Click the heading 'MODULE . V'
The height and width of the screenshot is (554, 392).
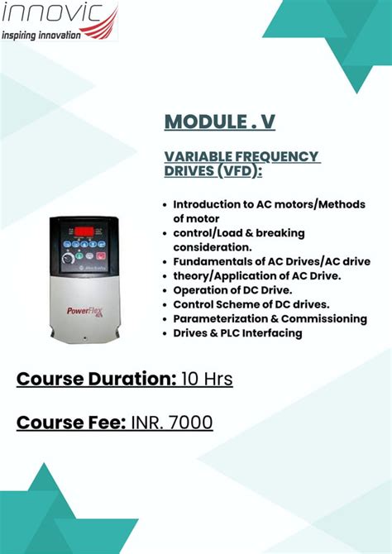point(219,122)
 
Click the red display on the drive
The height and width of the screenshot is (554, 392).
point(84,229)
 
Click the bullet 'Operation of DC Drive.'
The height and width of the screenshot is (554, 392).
point(232,290)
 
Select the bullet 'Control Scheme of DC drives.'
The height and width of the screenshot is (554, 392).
point(251,304)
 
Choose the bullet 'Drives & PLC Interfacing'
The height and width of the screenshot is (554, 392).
point(237,333)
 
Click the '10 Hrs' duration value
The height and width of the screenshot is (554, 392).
point(208,380)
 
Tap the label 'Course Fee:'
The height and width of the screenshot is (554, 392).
point(71,423)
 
